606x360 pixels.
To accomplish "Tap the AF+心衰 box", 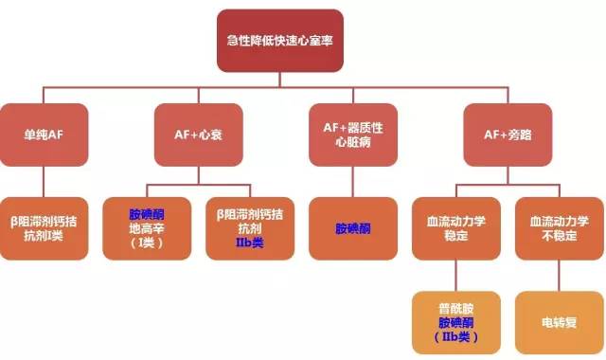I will tap(196, 134).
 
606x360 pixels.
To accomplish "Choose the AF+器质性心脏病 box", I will tap(353, 134).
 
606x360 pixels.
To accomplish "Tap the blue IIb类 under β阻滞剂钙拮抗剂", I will tap(249, 243).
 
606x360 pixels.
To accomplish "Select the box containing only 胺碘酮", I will tap(353, 228).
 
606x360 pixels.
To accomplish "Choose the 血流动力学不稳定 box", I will tap(558, 228).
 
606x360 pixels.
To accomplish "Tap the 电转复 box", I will tap(558, 322).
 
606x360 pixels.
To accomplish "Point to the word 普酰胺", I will tap(455, 308).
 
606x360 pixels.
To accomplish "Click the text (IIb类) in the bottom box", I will tap(455, 336).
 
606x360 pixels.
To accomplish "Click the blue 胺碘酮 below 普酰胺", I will tap(455, 322).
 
